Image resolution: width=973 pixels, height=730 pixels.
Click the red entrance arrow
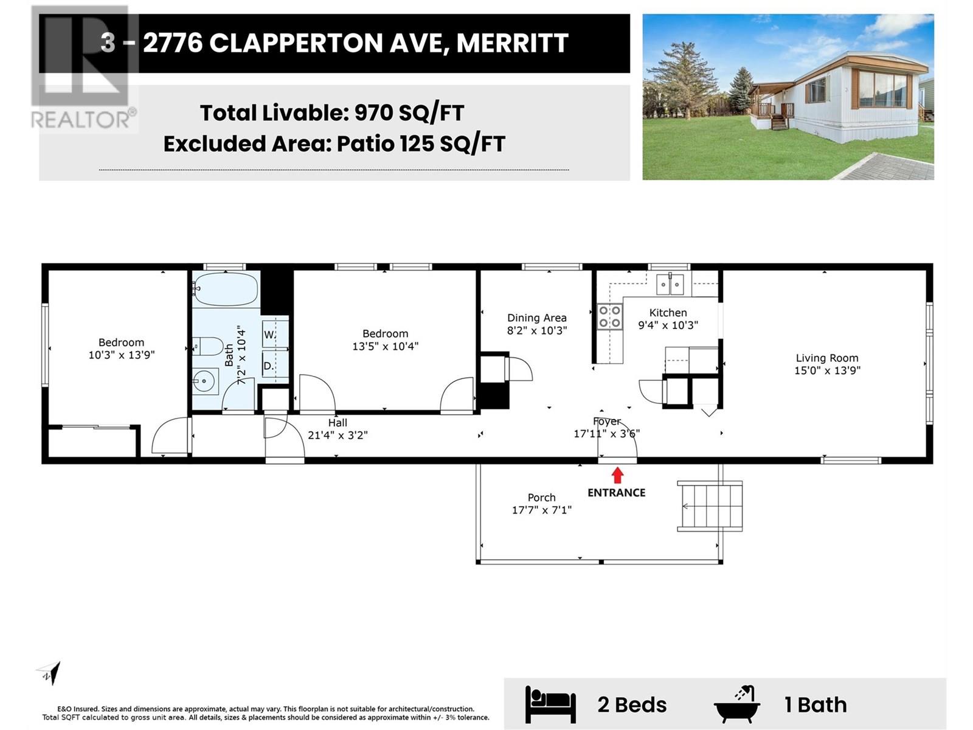(617, 474)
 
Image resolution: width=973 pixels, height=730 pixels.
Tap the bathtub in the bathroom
(226, 290)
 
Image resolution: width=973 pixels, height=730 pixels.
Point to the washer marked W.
(269, 335)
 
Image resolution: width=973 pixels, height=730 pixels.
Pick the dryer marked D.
(269, 366)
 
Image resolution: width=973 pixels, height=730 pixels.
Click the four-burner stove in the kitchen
(609, 316)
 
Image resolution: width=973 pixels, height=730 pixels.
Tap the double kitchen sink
(670, 284)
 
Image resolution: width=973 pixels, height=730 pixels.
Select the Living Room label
(827, 358)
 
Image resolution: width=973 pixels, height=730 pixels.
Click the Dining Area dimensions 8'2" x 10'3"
(537, 330)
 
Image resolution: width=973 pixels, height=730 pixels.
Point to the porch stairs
(710, 506)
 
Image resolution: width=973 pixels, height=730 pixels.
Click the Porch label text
(541, 498)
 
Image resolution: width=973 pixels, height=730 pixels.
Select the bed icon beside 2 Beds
(550, 704)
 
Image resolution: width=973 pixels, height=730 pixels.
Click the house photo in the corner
(788, 97)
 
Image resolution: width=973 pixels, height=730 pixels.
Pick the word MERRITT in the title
(512, 43)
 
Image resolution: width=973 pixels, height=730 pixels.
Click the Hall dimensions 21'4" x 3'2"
(338, 435)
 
